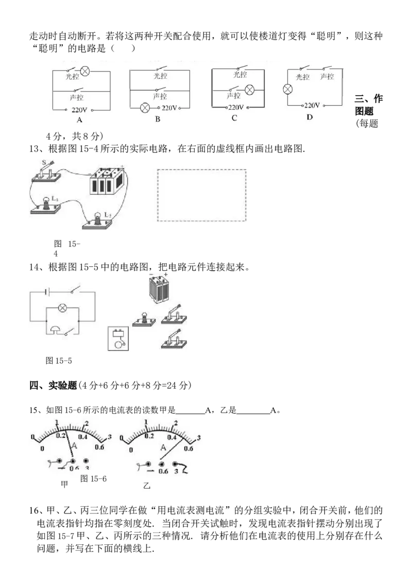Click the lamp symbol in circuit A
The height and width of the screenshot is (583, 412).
point(85,71)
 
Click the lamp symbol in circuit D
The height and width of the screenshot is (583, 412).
point(288,89)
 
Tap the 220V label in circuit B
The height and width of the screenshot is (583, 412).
point(169,108)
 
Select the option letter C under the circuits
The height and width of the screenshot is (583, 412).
point(234,118)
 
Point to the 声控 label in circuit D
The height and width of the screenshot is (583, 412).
point(327,77)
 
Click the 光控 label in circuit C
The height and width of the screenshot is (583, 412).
point(240,75)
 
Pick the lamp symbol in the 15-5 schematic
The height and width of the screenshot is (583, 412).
point(63,307)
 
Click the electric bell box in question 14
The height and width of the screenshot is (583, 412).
point(118,338)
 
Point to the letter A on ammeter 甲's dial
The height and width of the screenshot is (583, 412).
point(74,445)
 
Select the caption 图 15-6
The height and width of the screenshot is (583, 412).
point(93,478)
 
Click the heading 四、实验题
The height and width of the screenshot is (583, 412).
point(53,385)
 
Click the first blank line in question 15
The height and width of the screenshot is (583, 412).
point(190,414)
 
